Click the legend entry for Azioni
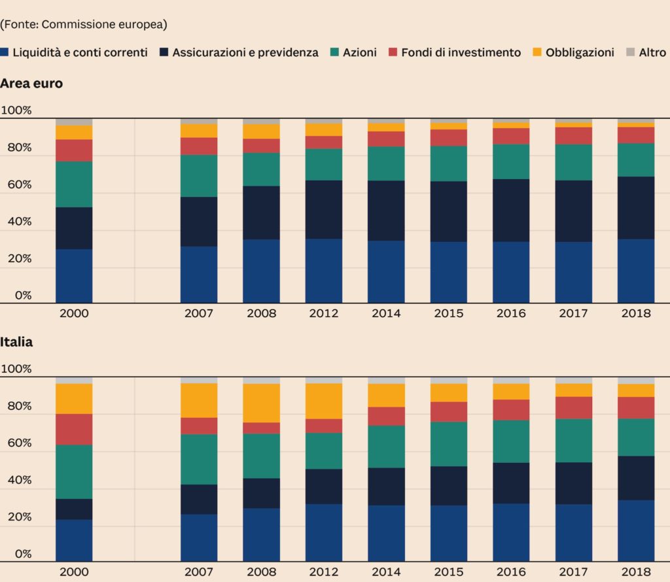click(x=359, y=52)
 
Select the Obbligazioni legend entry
click(x=580, y=52)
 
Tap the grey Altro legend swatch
click(x=630, y=52)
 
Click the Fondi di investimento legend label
click(x=461, y=52)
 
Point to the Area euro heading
click(x=31, y=84)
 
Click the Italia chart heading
click(x=17, y=342)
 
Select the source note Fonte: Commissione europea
click(x=84, y=24)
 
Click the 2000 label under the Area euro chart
click(x=74, y=313)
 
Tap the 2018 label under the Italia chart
click(x=636, y=572)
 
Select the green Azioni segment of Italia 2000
click(x=74, y=471)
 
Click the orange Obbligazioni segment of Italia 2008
click(x=262, y=403)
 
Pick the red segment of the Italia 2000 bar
click(x=74, y=429)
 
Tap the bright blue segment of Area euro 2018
click(x=636, y=271)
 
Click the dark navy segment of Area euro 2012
click(x=324, y=209)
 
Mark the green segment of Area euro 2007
click(x=199, y=176)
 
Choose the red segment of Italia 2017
click(x=574, y=407)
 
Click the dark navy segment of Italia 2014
click(x=386, y=487)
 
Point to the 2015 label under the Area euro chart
click(x=449, y=313)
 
